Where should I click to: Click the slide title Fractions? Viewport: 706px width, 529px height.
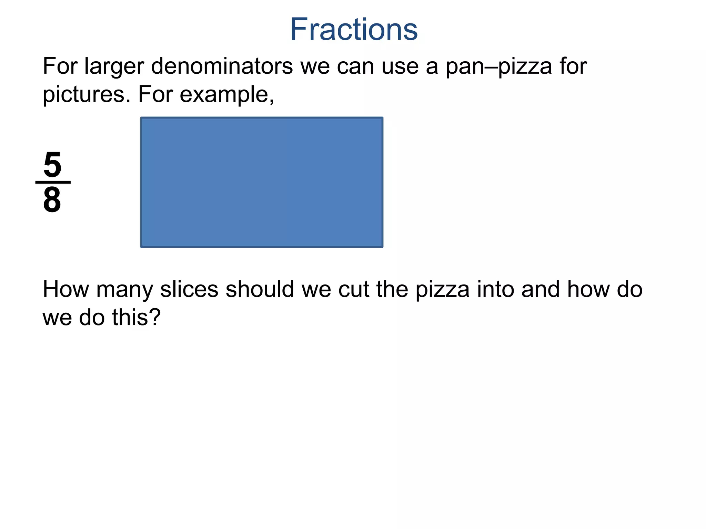pos(354,30)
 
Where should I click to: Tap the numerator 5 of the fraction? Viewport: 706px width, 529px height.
pos(52,165)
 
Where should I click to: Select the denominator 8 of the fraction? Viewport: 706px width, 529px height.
pos(52,200)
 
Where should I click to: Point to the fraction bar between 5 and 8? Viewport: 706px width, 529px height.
pos(53,182)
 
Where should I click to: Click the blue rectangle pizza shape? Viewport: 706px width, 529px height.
pos(262,182)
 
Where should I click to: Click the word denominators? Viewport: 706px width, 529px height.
pos(222,66)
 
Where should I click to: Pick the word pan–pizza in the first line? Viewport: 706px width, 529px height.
pos(499,66)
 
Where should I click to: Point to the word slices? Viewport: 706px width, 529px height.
pos(189,289)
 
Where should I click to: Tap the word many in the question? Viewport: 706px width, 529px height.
pos(124,289)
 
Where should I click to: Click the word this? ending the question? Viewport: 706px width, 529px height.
pos(136,317)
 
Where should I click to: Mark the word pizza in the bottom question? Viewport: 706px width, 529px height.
pos(442,289)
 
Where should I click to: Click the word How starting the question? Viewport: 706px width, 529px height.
pos(65,289)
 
